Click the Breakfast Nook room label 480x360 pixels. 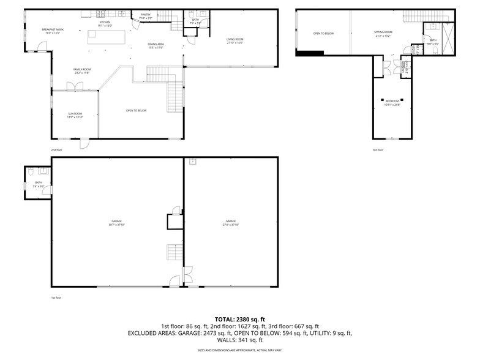(52, 31)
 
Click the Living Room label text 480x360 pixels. (234, 41)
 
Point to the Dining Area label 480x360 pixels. (156, 45)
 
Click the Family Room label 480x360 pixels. (82, 70)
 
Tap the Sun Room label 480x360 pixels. (75, 114)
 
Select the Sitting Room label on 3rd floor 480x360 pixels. (383, 34)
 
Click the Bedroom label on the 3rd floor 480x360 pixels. (392, 102)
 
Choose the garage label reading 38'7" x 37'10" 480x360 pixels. (116, 222)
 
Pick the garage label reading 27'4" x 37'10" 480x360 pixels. (230, 222)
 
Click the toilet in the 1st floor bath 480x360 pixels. (30, 184)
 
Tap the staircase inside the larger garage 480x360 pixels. (174, 251)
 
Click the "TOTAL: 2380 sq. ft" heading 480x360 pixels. (239, 319)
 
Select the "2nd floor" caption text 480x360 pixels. (56, 149)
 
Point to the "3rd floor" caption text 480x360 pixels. (378, 149)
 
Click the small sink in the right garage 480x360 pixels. (192, 162)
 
